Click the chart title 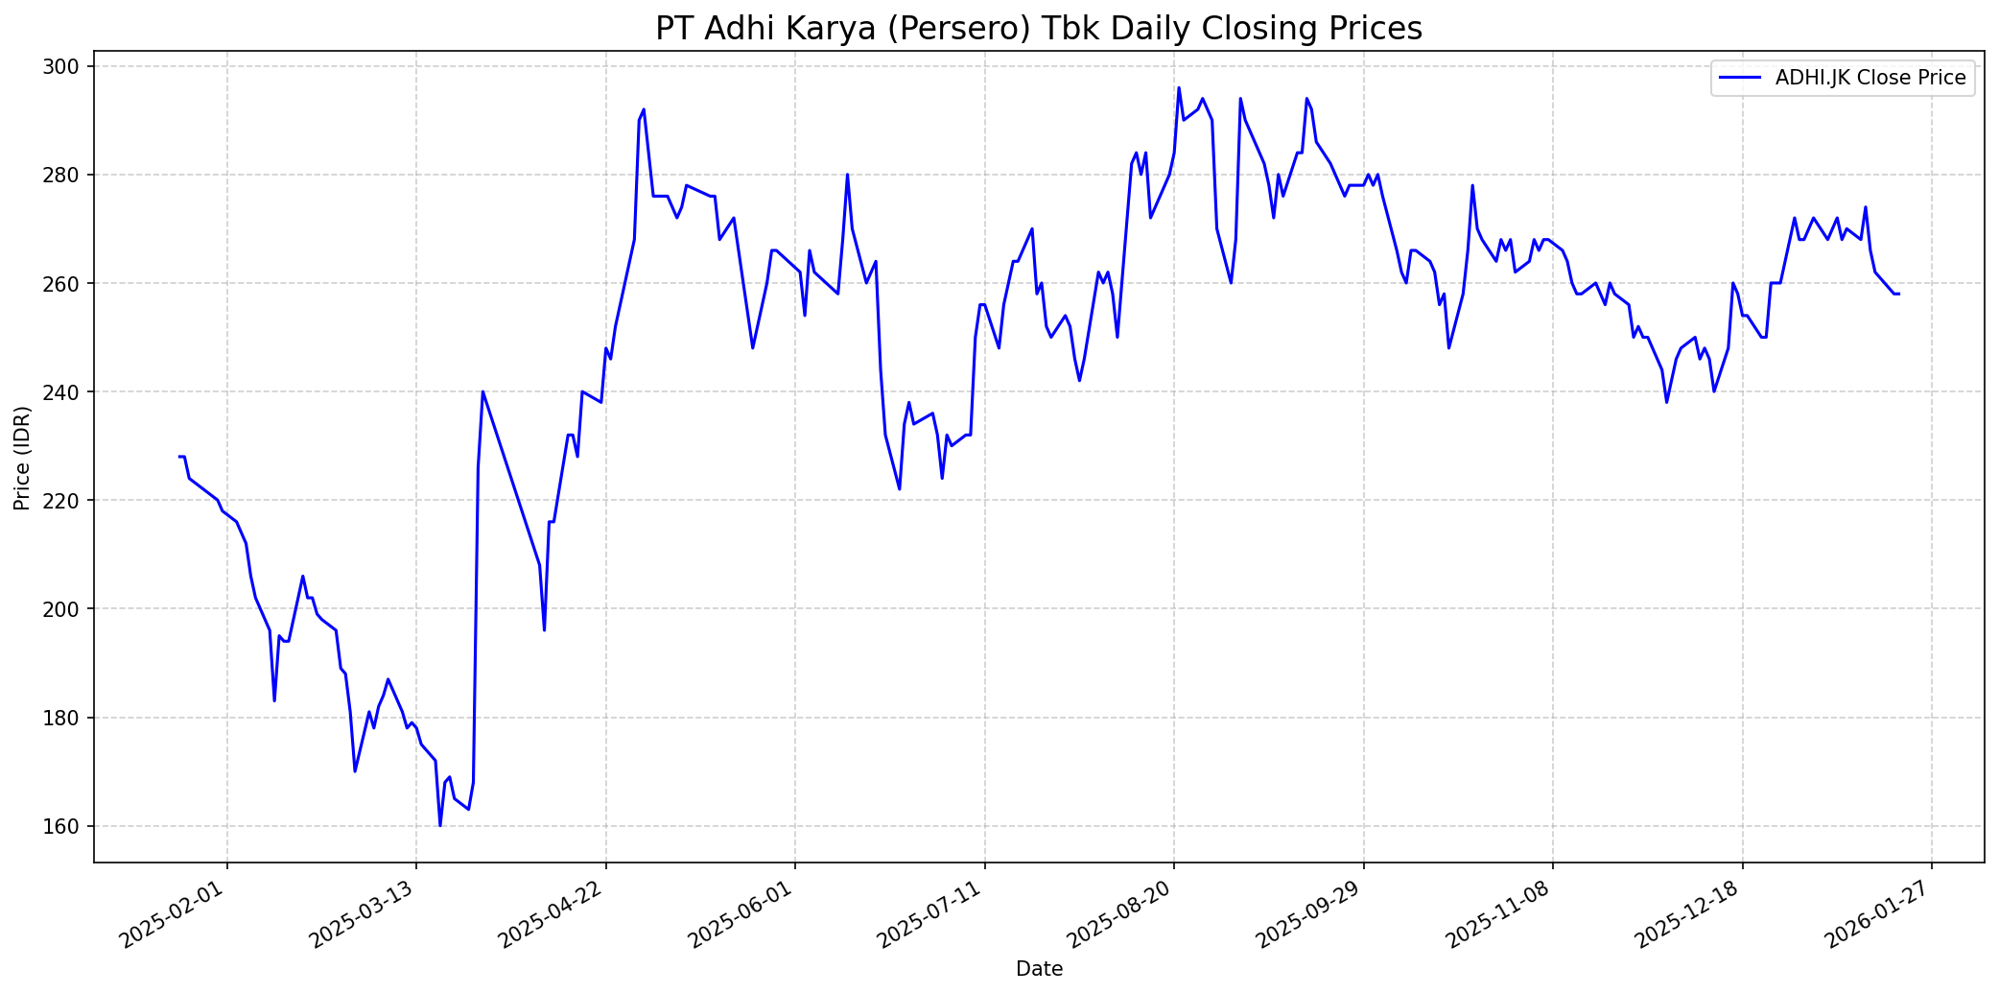pyautogui.click(x=1039, y=29)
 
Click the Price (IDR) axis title pyautogui.click(x=22, y=458)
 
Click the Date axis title pyautogui.click(x=1039, y=969)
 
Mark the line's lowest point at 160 pyautogui.click(x=440, y=825)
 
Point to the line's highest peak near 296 pyautogui.click(x=1179, y=88)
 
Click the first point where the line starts pyautogui.click(x=179, y=457)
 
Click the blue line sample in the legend pyautogui.click(x=1740, y=78)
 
